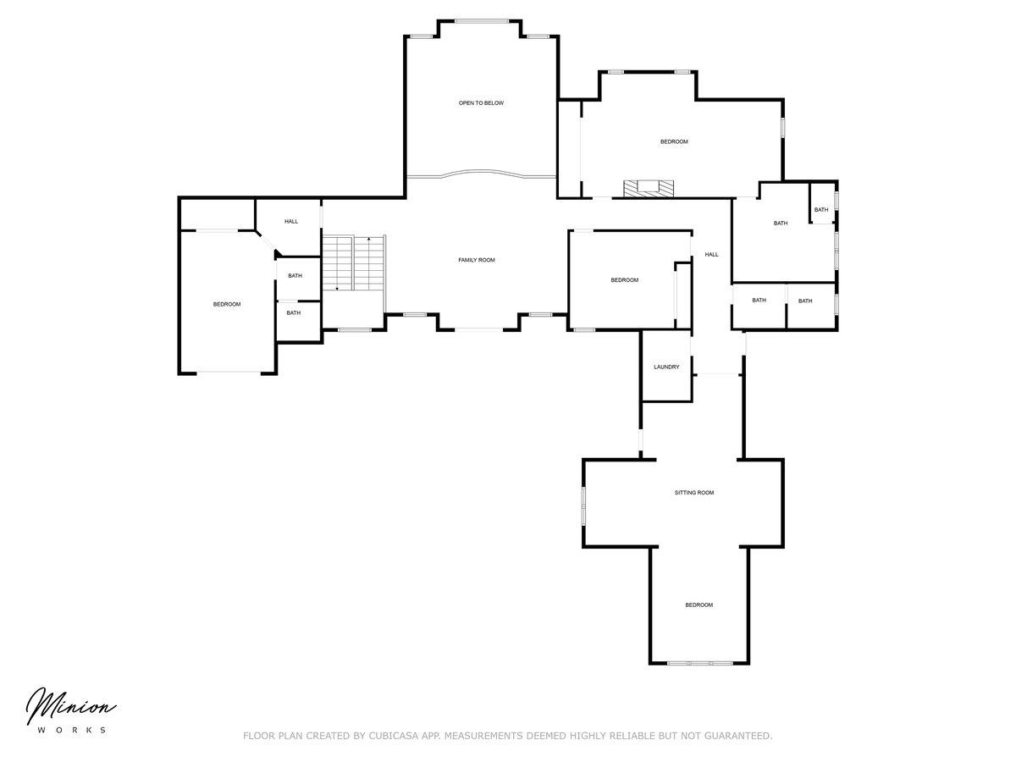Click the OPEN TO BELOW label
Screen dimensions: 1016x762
pos(481,102)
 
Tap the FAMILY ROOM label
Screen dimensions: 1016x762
pos(477,260)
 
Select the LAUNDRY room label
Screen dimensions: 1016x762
pos(666,367)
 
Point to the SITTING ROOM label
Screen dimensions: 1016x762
pos(693,492)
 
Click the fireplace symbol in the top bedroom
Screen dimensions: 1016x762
pos(648,188)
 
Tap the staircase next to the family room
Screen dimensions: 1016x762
pos(354,262)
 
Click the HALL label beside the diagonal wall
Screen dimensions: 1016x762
pos(291,221)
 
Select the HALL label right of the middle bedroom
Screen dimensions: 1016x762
pos(711,254)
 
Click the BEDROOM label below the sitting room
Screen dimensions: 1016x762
pos(699,605)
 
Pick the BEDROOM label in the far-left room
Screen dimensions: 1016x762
pos(227,304)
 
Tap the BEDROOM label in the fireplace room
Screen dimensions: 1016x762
pos(674,141)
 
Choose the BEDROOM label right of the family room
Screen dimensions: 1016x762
pos(624,280)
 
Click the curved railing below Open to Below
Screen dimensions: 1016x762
pos(482,173)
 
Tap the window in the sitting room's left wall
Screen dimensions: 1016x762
pos(583,505)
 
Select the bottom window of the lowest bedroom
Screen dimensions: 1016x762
pos(699,663)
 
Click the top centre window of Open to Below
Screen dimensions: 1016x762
pos(482,21)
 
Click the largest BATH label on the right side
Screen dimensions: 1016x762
pos(781,223)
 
